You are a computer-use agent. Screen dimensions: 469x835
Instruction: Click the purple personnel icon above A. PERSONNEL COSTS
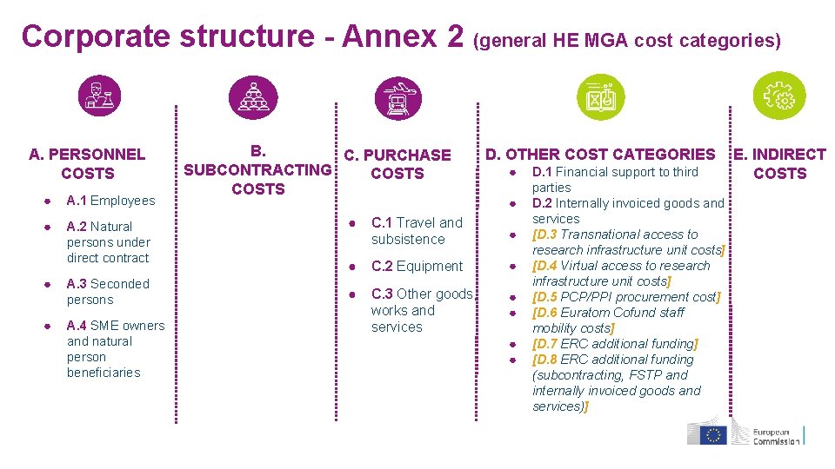[x=98, y=96]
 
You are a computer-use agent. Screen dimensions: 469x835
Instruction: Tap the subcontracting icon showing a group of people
[x=253, y=96]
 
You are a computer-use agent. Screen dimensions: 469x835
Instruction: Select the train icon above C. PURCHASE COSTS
[x=397, y=96]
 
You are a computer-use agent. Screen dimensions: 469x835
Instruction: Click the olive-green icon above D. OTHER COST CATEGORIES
[x=600, y=96]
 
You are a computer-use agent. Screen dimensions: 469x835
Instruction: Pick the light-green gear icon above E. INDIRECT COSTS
[x=779, y=96]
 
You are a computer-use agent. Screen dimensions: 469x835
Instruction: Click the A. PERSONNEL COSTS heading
[x=87, y=164]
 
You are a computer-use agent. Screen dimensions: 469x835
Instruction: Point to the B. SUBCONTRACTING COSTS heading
[x=258, y=169]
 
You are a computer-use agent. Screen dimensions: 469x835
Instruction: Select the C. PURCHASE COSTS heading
[x=397, y=164]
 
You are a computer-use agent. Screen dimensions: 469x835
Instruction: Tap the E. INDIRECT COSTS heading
[x=779, y=164]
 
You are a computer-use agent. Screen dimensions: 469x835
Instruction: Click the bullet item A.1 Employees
[x=110, y=201]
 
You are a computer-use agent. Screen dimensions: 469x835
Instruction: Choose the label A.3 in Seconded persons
[x=77, y=284]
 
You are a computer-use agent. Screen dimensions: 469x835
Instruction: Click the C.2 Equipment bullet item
[x=417, y=267]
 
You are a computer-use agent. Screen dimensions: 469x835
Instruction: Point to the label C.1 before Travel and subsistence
[x=382, y=223]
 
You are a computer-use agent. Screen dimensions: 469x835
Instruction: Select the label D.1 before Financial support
[x=542, y=172]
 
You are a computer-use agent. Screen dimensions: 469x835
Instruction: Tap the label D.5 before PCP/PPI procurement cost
[x=545, y=297]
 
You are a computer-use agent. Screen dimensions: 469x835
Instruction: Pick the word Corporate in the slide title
[x=96, y=36]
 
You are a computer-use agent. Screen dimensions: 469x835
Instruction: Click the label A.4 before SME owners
[x=77, y=326]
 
